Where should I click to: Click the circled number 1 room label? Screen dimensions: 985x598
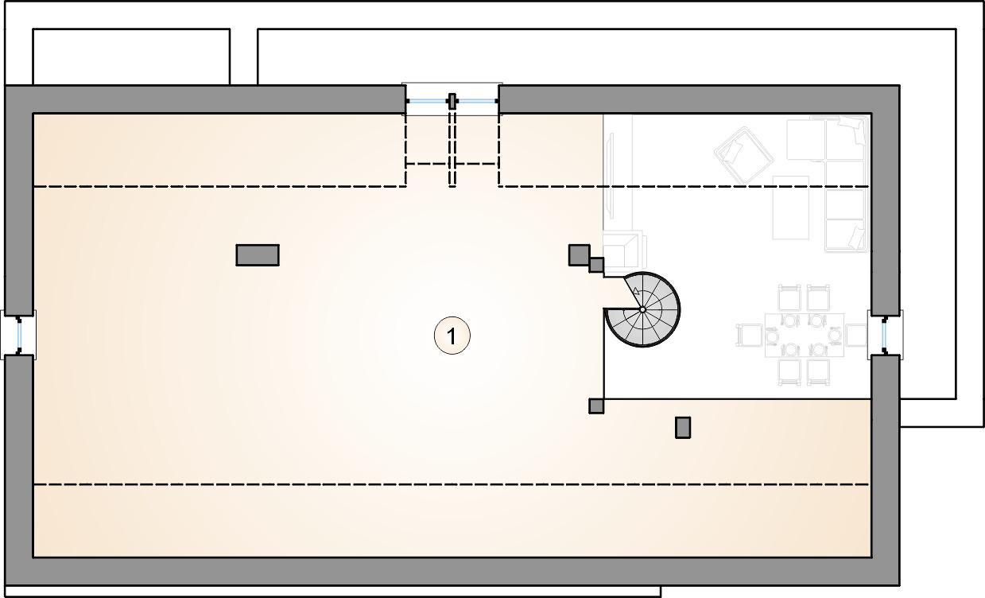pyautogui.click(x=452, y=336)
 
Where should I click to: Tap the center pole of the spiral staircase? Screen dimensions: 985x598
pyautogui.click(x=642, y=310)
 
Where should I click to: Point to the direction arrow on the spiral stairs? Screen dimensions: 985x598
pyautogui.click(x=636, y=290)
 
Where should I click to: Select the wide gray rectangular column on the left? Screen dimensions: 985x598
pyautogui.click(x=258, y=255)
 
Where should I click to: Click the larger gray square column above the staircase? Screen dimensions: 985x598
pyautogui.click(x=579, y=255)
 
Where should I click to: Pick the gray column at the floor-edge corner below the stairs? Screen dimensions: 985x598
pyautogui.click(x=596, y=406)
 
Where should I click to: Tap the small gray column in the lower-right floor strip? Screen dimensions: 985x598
pyautogui.click(x=683, y=427)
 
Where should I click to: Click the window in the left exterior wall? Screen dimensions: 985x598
pyautogui.click(x=19, y=335)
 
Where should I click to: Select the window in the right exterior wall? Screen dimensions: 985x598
pyautogui.click(x=885, y=335)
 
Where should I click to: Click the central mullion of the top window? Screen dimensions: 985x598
pyautogui.click(x=452, y=101)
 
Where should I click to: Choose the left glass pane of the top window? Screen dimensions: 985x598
pyautogui.click(x=428, y=101)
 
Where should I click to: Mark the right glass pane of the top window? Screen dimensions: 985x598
pyautogui.click(x=477, y=101)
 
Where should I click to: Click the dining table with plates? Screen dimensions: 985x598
pyautogui.click(x=805, y=335)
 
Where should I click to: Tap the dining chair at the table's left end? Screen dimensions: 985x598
pyautogui.click(x=750, y=335)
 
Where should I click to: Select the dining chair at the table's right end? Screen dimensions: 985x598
pyautogui.click(x=856, y=335)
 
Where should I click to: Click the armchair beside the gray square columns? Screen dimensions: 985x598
pyautogui.click(x=624, y=250)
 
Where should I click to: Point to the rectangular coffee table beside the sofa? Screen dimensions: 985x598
pyautogui.click(x=791, y=208)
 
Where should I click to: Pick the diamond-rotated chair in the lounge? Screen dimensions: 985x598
pyautogui.click(x=744, y=156)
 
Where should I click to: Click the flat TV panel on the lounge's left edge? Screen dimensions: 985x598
pyautogui.click(x=610, y=175)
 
